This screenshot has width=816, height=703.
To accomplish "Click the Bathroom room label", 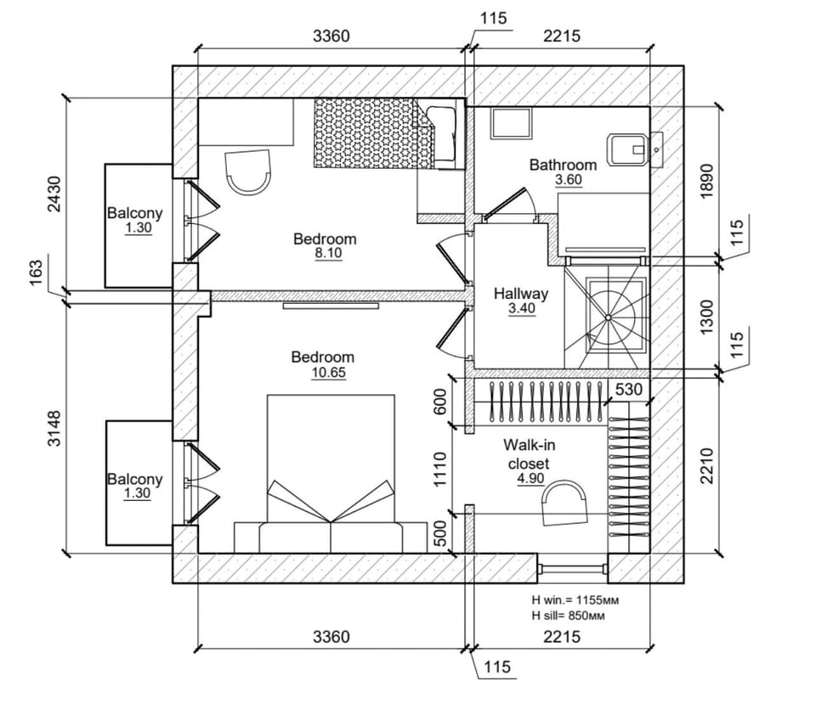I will coord(563,165).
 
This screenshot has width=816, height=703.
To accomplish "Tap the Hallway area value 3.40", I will coord(521,310).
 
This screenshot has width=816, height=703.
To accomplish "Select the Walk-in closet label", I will coord(528,454).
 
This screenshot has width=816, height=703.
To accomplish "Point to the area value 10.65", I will coord(322,373).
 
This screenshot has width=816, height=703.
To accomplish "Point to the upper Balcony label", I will coord(134,213).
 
